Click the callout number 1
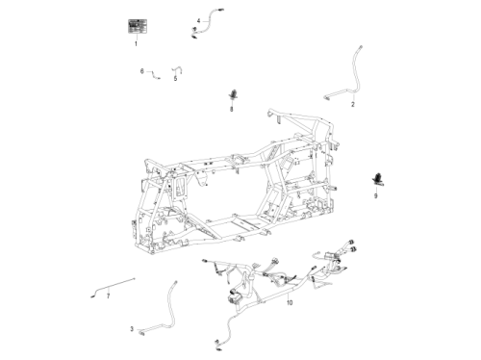click(x=136, y=43)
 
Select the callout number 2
click(x=353, y=104)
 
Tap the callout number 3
click(x=132, y=329)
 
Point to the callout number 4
click(x=199, y=21)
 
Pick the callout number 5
click(x=175, y=79)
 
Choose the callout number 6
click(x=142, y=71)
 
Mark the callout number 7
click(x=108, y=296)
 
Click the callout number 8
click(x=232, y=110)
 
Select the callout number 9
click(x=376, y=195)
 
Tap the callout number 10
click(x=290, y=302)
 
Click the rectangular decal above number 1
click(x=138, y=26)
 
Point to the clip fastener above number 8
click(x=233, y=94)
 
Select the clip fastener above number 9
click(x=378, y=179)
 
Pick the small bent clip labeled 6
click(x=155, y=75)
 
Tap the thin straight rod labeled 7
click(x=113, y=286)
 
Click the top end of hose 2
click(x=361, y=47)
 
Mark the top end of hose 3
click(x=175, y=282)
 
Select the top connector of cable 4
click(x=220, y=10)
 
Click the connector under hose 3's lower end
click(x=141, y=334)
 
